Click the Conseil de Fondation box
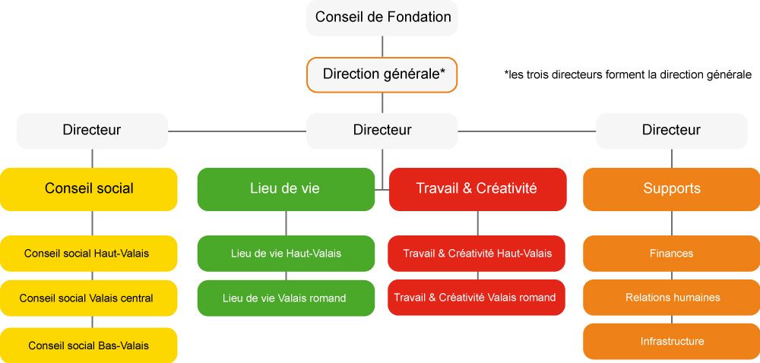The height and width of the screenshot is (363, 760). [x=382, y=17]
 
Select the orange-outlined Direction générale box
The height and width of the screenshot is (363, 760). [x=382, y=74]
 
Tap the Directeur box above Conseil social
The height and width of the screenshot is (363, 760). [x=92, y=131]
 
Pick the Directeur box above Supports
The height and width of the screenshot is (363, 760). [x=671, y=131]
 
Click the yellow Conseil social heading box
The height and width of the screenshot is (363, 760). [x=89, y=189]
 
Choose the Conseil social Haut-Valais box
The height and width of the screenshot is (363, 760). [x=89, y=253]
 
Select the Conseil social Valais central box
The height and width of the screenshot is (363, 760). [x=89, y=298]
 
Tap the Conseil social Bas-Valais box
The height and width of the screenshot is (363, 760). [x=89, y=345]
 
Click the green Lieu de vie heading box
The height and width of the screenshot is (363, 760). [x=286, y=189]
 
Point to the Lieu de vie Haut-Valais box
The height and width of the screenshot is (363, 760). [x=286, y=253]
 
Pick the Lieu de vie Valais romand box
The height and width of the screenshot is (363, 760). [x=286, y=298]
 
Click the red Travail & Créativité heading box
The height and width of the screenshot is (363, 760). [x=477, y=189]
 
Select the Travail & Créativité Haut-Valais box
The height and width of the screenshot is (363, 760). [x=477, y=253]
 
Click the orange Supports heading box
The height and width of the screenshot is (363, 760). [x=671, y=189]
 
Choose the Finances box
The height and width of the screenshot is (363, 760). [x=671, y=253]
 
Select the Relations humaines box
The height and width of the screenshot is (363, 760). [x=671, y=298]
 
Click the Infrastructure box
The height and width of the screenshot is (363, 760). [x=671, y=342]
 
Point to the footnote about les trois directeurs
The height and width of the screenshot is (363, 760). [x=628, y=74]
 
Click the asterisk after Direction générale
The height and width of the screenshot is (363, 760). [x=442, y=71]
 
